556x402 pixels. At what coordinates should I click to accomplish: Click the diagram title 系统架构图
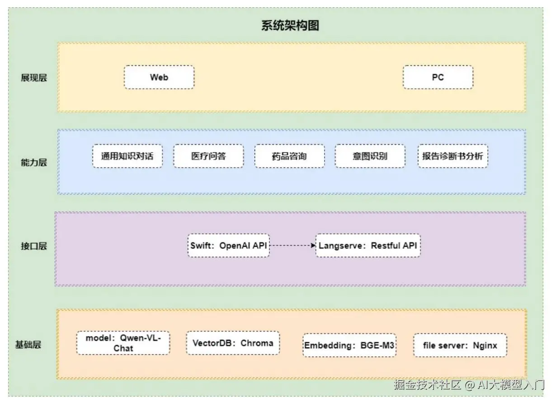pyautogui.click(x=290, y=25)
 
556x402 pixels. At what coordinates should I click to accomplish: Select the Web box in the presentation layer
pyautogui.click(x=159, y=77)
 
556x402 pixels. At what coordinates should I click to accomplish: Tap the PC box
pyautogui.click(x=438, y=77)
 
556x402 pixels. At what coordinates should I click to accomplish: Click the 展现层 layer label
pyautogui.click(x=33, y=78)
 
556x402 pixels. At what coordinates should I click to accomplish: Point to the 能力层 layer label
pyautogui.click(x=33, y=162)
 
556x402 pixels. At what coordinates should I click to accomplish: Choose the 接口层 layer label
pyautogui.click(x=33, y=246)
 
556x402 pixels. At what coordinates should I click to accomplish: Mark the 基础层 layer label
pyautogui.click(x=28, y=345)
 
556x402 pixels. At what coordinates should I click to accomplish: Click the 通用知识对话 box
pyautogui.click(x=127, y=156)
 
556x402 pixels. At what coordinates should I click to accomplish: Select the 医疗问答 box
pyautogui.click(x=208, y=156)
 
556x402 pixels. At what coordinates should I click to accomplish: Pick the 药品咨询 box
pyautogui.click(x=289, y=156)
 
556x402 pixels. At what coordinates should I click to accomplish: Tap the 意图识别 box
pyautogui.click(x=370, y=156)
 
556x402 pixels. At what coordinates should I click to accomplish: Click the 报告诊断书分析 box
pyautogui.click(x=452, y=156)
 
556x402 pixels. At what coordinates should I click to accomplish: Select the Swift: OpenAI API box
pyautogui.click(x=229, y=246)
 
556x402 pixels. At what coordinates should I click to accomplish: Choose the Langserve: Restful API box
pyautogui.click(x=368, y=246)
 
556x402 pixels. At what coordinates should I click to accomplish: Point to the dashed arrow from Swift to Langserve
pyautogui.click(x=292, y=246)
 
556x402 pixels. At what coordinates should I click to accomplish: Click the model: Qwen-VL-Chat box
pyautogui.click(x=123, y=343)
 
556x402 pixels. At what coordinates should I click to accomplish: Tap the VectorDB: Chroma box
pyautogui.click(x=233, y=343)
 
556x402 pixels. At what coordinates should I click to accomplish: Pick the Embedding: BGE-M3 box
pyautogui.click(x=349, y=346)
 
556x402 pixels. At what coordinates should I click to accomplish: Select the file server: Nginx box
pyautogui.click(x=460, y=346)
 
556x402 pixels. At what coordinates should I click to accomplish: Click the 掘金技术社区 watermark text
pyautogui.click(x=427, y=385)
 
